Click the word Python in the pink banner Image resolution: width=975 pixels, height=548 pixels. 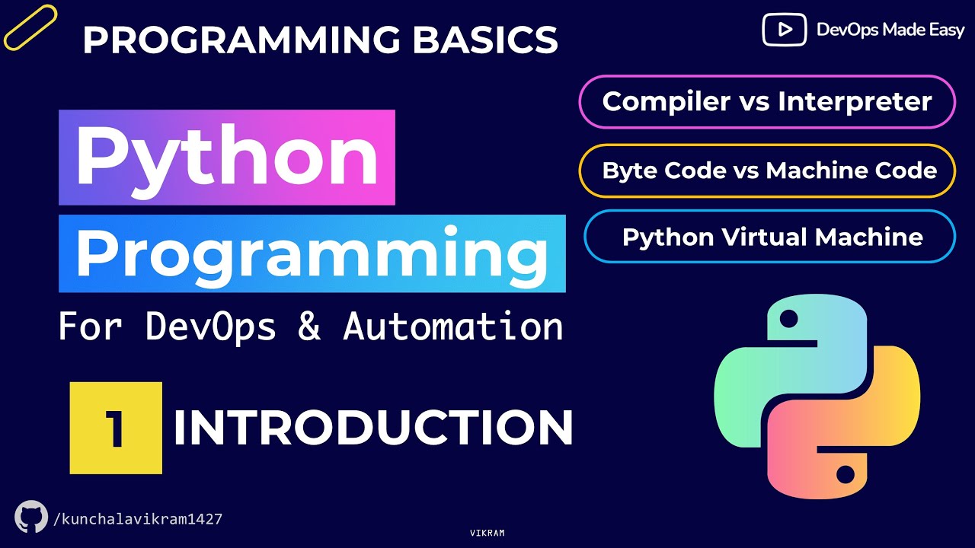[226, 158]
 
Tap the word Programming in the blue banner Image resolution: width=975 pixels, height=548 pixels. [312, 253]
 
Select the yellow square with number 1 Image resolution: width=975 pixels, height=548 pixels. [116, 428]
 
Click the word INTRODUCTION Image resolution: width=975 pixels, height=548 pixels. [373, 429]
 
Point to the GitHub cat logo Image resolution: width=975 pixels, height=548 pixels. [31, 517]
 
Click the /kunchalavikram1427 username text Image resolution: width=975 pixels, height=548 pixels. [138, 519]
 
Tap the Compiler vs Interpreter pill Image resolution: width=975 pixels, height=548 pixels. [767, 102]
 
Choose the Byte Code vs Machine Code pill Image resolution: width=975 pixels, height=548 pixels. [769, 170]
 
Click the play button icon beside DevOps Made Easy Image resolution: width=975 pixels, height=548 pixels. [784, 30]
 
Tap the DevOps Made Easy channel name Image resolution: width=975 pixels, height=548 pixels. [890, 30]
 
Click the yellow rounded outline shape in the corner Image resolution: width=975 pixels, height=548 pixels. [30, 27]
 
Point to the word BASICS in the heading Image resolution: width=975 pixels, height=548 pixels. [485, 40]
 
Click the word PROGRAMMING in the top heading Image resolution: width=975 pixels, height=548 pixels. [242, 40]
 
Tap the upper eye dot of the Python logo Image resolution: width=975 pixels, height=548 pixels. [788, 317]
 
